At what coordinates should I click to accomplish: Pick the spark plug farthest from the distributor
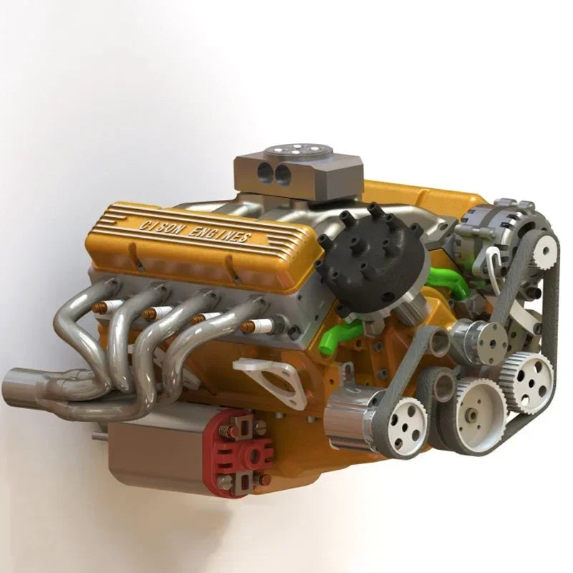coord(107,307)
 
